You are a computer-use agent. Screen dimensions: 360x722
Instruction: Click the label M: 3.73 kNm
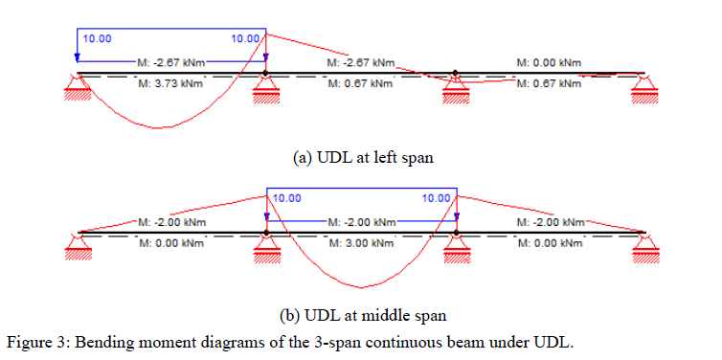170,83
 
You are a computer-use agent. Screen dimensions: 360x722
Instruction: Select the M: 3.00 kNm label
360,243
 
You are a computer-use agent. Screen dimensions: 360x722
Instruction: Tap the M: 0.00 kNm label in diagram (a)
549,62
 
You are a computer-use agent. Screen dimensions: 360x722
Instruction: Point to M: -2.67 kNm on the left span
170,62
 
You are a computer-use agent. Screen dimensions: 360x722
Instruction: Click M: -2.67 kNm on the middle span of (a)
360,62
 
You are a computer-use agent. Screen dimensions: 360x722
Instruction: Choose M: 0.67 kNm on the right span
549,83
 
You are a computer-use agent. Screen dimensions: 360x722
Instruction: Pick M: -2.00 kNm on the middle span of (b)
360,222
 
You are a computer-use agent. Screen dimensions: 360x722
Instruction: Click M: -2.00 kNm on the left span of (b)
170,222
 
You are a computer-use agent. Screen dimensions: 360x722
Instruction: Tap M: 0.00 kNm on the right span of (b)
549,243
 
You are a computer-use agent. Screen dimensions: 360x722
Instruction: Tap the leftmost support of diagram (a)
78,90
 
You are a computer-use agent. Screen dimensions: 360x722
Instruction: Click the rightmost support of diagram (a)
644,90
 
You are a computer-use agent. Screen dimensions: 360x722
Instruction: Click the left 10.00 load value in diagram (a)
97,39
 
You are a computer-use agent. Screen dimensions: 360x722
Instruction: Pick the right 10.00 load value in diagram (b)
436,198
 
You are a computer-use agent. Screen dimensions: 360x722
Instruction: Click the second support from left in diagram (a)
266,90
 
